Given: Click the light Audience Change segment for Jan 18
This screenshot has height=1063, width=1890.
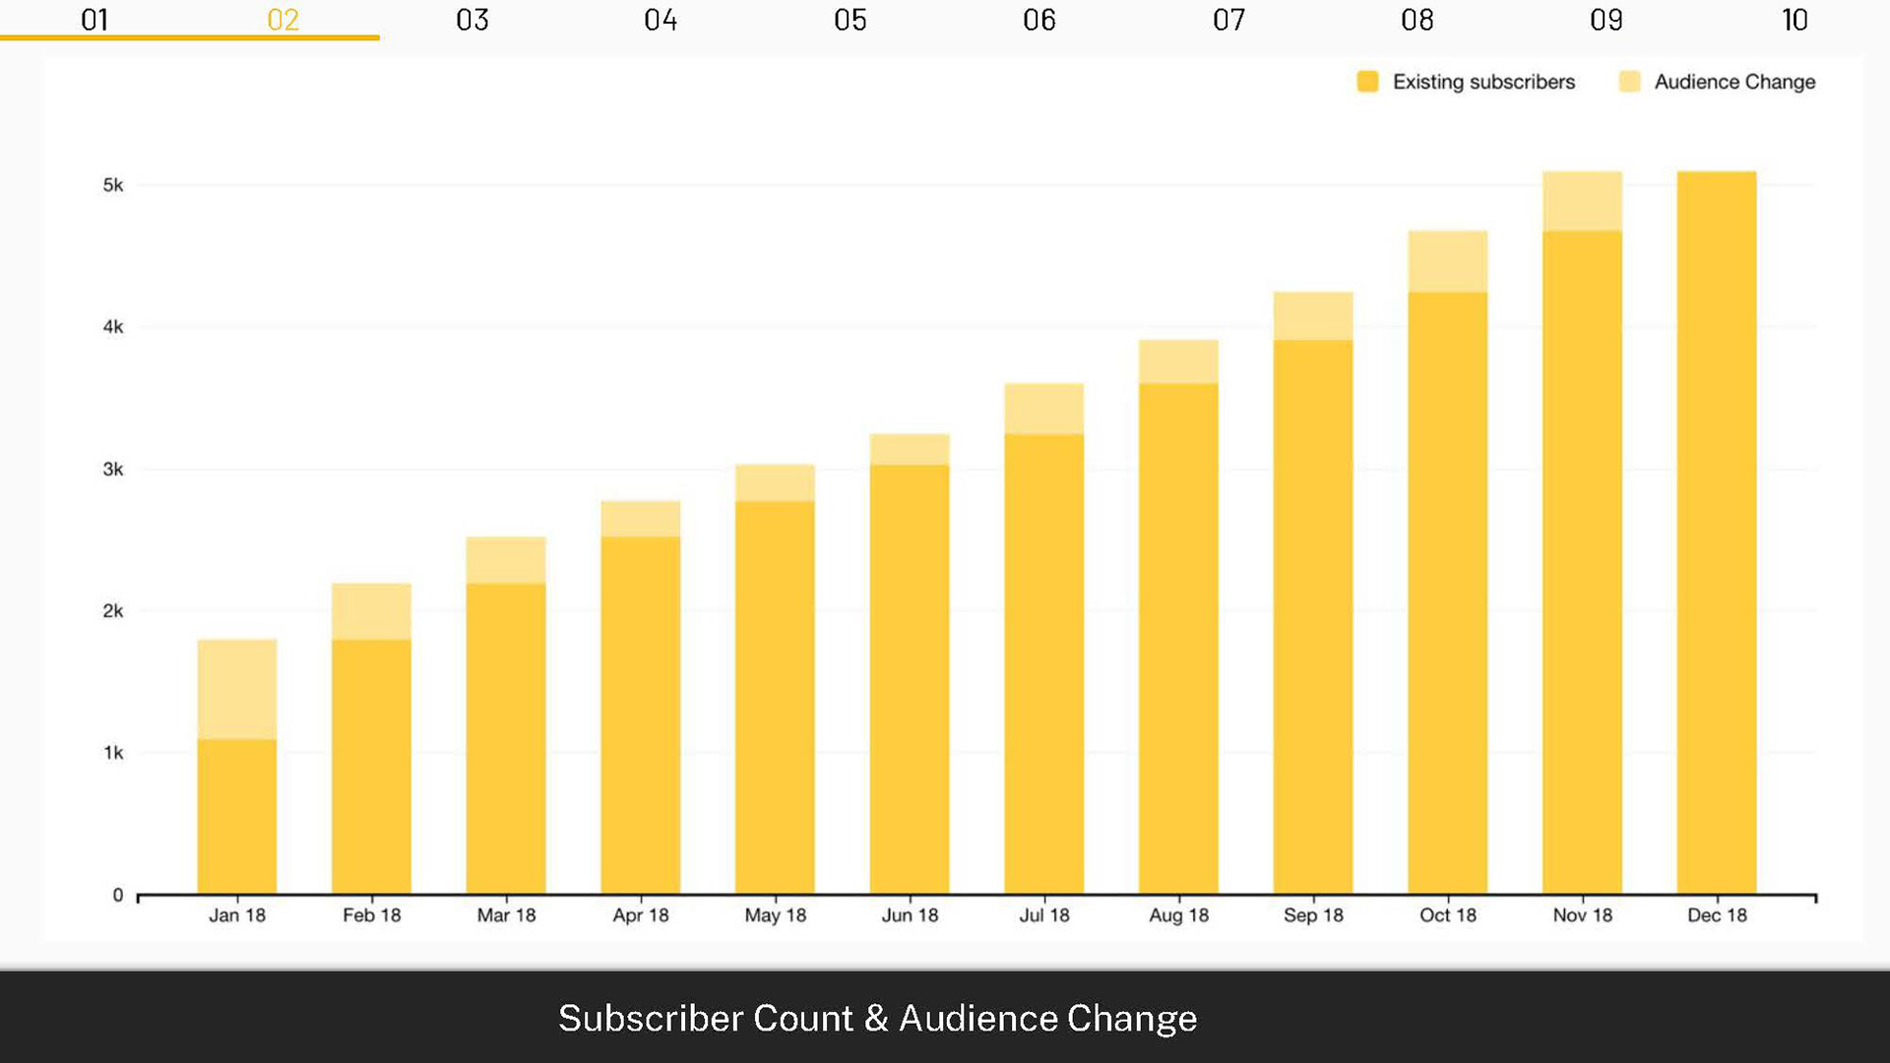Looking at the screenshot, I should tap(236, 689).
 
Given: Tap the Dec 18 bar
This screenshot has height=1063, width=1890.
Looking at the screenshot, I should tap(1716, 531).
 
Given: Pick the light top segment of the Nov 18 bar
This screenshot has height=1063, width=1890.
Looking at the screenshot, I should tap(1582, 201).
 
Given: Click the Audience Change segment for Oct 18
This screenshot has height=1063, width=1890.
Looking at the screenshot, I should tap(1447, 261).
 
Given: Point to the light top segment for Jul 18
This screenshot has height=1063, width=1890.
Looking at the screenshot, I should tap(1043, 407).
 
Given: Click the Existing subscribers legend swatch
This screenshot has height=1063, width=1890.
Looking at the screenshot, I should tap(1367, 82).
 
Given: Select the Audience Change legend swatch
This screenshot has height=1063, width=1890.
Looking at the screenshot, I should tap(1629, 82).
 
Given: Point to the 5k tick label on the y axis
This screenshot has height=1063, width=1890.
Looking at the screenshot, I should tap(113, 185).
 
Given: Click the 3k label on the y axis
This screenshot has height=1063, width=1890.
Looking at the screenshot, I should tap(113, 469).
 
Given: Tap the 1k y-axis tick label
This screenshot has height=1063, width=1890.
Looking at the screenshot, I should tap(113, 753).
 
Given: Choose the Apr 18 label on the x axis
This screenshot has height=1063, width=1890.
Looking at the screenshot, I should tap(640, 915).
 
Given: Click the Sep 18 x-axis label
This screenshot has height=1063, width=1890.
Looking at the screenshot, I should tap(1313, 915).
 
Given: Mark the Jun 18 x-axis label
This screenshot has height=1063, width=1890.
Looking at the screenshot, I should tap(910, 915).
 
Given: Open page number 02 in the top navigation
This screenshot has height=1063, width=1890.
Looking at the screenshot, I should tap(283, 20).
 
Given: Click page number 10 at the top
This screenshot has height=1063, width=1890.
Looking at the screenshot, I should tap(1795, 20).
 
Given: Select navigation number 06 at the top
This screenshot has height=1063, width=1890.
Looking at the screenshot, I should tap(1039, 20).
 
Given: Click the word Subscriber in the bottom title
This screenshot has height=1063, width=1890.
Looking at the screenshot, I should tap(651, 1019).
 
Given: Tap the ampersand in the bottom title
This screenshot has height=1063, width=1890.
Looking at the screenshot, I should tap(876, 1019).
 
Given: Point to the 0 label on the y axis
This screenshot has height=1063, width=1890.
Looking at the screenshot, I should tap(118, 895).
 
